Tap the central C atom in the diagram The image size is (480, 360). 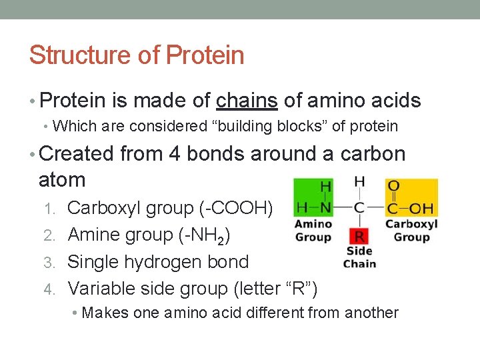coord(359,208)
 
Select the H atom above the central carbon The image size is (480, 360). coord(359,181)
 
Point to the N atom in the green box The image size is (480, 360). coord(325,208)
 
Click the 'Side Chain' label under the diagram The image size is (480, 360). coord(359,257)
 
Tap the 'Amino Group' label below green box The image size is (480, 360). coord(313,231)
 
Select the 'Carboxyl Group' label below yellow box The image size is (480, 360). coord(411,231)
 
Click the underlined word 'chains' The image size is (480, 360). coord(247,101)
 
